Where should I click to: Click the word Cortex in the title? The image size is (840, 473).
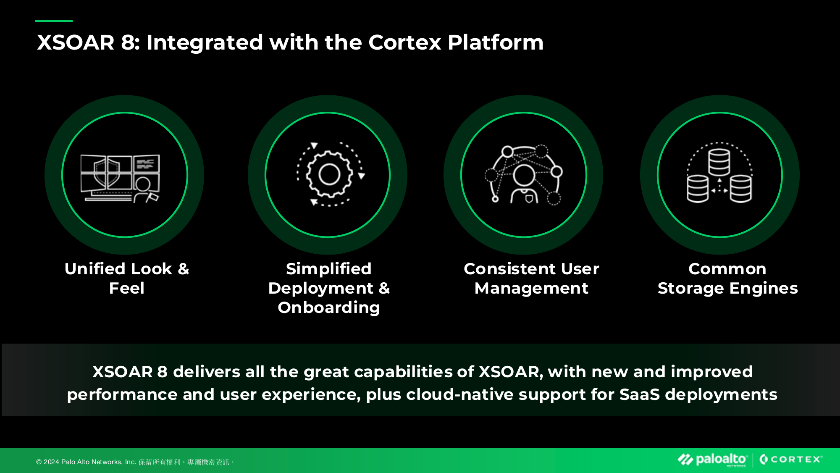[404, 42]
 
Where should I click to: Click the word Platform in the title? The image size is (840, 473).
[495, 42]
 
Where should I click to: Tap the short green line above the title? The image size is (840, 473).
[54, 21]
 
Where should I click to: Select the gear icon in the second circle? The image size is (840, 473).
[329, 174]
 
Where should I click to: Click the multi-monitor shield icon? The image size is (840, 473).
[120, 178]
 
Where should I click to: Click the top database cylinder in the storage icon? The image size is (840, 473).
[719, 162]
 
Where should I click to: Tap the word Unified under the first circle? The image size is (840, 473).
[95, 269]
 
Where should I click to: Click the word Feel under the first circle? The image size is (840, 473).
[126, 288]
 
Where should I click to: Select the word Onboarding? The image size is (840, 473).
[329, 307]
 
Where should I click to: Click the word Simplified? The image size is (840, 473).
[329, 269]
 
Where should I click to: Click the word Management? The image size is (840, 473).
[531, 288]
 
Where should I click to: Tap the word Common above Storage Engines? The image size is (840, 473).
[727, 269]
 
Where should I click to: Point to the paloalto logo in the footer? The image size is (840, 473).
[712, 460]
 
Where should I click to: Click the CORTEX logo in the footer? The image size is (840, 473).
[791, 460]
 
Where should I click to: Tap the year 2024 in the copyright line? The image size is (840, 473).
[51, 462]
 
